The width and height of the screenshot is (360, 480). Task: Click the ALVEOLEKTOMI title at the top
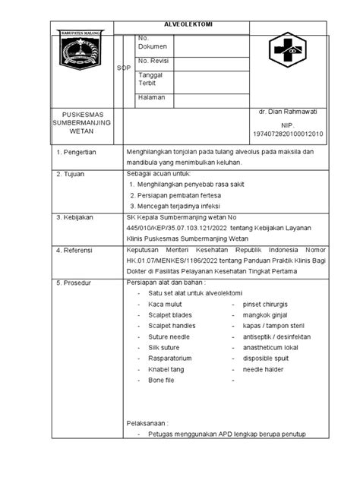(x=190, y=24)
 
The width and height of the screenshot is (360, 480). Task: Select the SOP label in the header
(x=123, y=68)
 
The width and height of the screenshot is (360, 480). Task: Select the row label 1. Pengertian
(x=79, y=153)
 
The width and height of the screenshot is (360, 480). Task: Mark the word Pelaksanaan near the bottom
(x=148, y=422)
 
